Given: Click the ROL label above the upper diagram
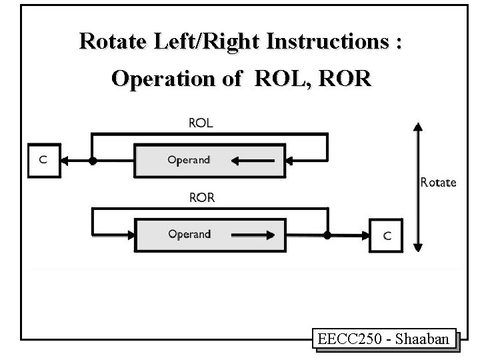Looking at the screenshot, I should tap(201, 123).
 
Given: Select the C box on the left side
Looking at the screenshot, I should tap(43, 161).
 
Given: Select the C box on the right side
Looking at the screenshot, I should tap(387, 235).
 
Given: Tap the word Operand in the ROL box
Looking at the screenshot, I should tap(189, 161).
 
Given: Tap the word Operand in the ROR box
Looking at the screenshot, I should tap(189, 235).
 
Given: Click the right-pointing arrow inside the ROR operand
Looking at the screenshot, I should tap(252, 235).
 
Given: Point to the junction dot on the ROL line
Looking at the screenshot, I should tap(93, 161).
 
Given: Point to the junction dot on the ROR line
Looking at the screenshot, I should tap(327, 235).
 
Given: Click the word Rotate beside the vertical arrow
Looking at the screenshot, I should tap(438, 182).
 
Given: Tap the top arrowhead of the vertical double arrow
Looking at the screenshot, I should tap(418, 126).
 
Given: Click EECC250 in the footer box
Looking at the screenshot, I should tap(353, 339).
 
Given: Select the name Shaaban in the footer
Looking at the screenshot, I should tap(425, 339).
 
